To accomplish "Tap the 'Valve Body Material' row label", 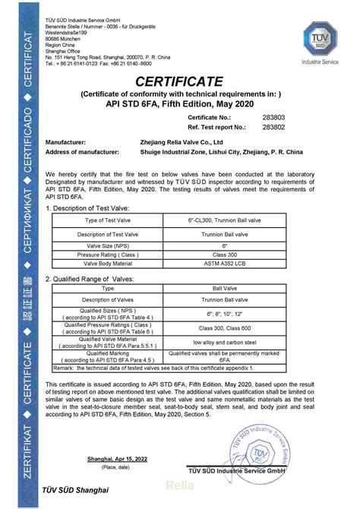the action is tap(108, 263).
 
